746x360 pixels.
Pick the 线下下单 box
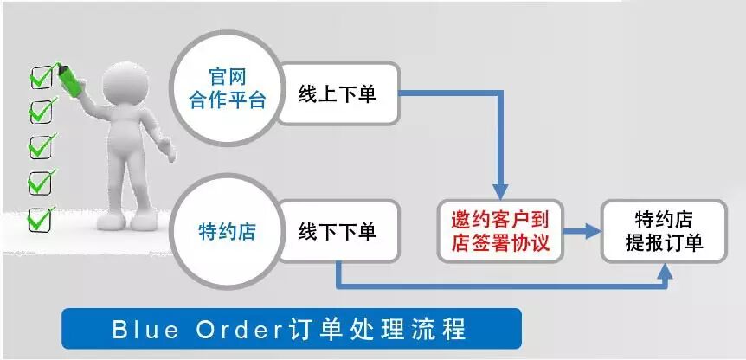tap(338, 231)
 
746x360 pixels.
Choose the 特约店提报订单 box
tap(664, 231)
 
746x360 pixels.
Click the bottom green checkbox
tap(40, 218)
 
